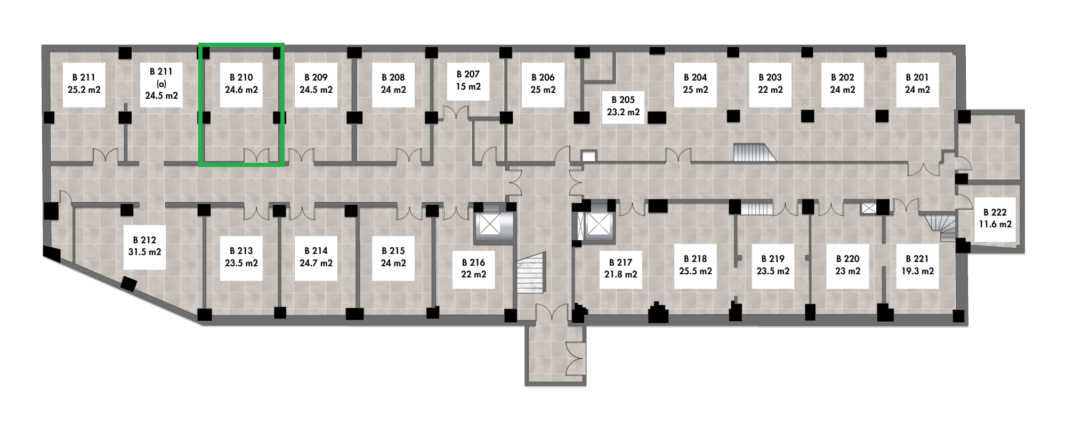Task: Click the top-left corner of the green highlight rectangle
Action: pyautogui.click(x=200, y=44)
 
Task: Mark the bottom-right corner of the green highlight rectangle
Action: pyautogui.click(x=282, y=165)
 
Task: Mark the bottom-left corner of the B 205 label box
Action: pyautogui.click(x=602, y=124)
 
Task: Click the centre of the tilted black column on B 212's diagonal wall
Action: pyautogui.click(x=128, y=284)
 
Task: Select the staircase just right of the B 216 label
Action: pyautogui.click(x=531, y=273)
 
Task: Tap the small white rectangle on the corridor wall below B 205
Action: pyautogui.click(x=588, y=156)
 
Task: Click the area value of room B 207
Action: pyautogui.click(x=468, y=86)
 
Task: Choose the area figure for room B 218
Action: pyautogui.click(x=696, y=271)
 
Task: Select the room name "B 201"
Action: pyautogui.click(x=917, y=77)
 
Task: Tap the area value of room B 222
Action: pyautogui.click(x=995, y=225)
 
